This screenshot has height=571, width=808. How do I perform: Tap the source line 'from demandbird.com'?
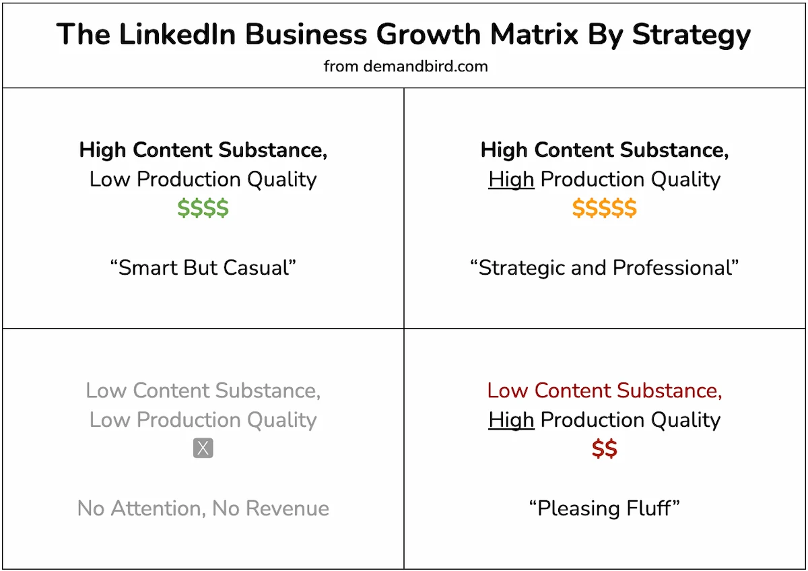pos(405,66)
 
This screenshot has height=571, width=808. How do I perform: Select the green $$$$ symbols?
pos(203,209)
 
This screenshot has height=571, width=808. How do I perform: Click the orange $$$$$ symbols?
pos(604,209)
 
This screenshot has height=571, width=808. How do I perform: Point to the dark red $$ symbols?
pos(604,449)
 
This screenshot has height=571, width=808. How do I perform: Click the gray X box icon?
pos(203,448)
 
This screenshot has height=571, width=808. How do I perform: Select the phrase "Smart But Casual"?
pos(203,268)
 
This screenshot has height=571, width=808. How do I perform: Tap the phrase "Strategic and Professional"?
pos(604,268)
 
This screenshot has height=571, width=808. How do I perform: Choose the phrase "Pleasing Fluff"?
pos(604,508)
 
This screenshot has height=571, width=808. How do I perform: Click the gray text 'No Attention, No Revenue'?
pos(203,508)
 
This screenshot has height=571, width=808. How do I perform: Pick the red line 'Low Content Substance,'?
pos(604,391)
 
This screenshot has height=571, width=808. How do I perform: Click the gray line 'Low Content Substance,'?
pos(203,391)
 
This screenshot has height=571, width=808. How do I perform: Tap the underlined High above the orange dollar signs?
pos(511,180)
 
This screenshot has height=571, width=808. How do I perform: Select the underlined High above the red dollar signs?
pos(511,420)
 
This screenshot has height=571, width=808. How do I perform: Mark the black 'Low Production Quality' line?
pos(203,180)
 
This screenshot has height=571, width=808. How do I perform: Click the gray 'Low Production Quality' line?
pos(203,420)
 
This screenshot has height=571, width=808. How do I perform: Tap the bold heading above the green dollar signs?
pos(203,150)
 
